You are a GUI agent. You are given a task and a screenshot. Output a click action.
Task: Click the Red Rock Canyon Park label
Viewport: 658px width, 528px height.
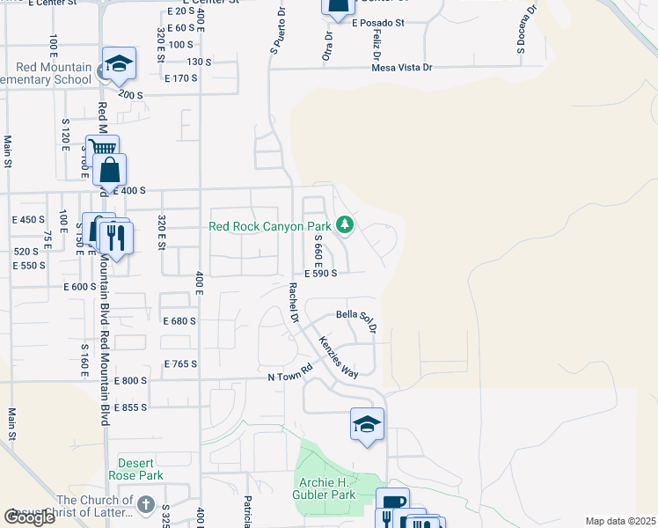(268, 226)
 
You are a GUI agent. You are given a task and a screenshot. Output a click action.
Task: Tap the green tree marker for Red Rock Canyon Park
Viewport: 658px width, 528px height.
(345, 225)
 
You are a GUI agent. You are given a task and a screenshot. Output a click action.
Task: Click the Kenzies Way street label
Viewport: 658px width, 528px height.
(339, 356)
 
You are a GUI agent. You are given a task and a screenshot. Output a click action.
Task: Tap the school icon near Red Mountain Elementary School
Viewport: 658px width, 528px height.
(119, 64)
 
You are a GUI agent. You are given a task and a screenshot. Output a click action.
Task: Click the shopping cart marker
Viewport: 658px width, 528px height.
(102, 150)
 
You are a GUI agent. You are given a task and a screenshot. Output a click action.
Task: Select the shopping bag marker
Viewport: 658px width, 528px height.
(110, 170)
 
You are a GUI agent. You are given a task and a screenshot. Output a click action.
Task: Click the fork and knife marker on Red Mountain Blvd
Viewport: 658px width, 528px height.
(115, 236)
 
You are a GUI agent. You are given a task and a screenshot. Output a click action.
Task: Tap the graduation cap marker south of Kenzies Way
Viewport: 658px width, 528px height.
(367, 425)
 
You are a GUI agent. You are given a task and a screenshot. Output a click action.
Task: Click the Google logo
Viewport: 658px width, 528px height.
(31, 517)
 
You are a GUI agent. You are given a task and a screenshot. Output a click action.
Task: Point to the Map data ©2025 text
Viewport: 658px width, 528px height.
(620, 521)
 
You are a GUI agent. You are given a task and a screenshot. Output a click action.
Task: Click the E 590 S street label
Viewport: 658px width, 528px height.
(321, 274)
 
